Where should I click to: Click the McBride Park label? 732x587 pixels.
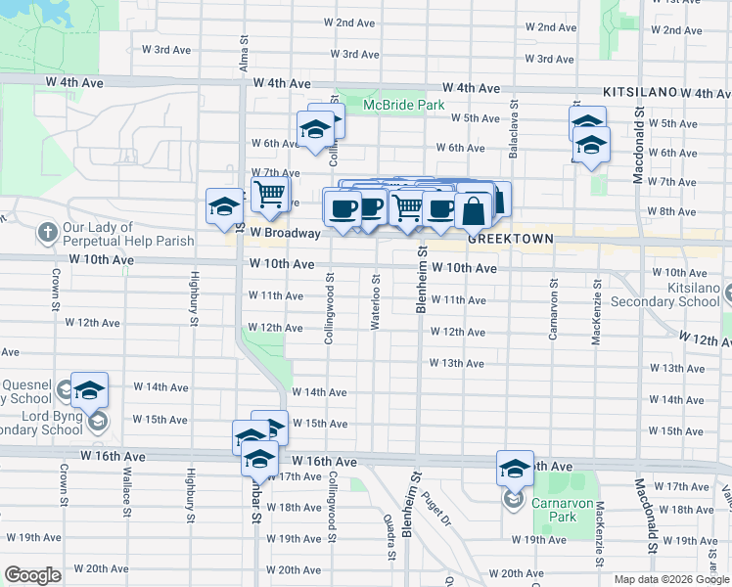[x=403, y=105]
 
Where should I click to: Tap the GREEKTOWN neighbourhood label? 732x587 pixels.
[x=511, y=239]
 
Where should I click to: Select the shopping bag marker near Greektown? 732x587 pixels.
[x=474, y=209]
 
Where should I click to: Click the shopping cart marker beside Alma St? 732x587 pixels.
[x=269, y=192]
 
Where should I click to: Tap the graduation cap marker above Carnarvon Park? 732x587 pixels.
[x=514, y=468]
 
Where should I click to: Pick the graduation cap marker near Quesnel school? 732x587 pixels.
[x=89, y=390]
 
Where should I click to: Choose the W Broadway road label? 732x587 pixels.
[x=285, y=234]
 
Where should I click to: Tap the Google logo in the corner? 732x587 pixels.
[x=33, y=575]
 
